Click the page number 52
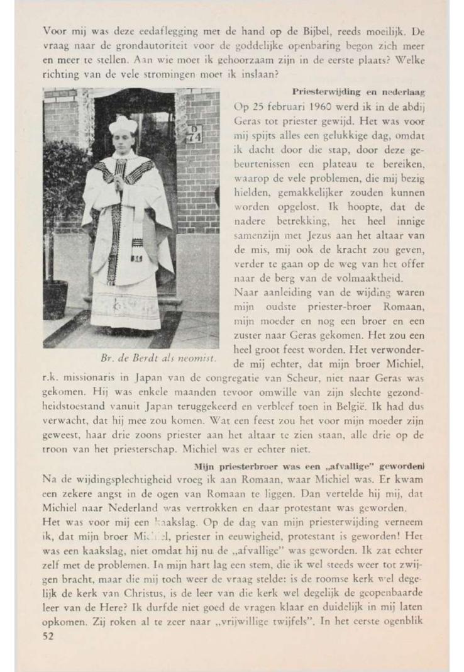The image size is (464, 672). (49, 636)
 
